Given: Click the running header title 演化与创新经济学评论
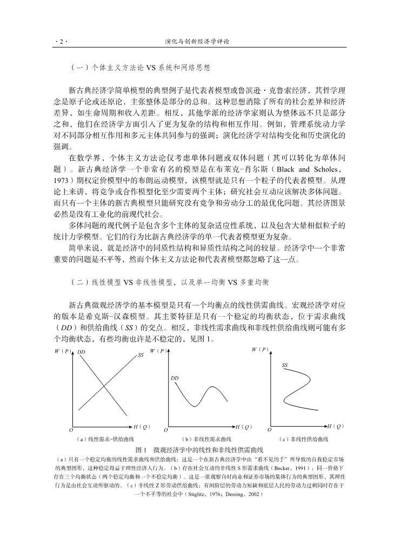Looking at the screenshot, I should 197,41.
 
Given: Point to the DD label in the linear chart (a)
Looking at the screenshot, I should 82,352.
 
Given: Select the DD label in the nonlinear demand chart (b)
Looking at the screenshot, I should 175,378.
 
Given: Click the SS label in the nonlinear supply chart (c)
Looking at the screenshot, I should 284,366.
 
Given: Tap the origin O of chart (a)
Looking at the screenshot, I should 70,430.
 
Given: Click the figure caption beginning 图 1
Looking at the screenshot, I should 199,450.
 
